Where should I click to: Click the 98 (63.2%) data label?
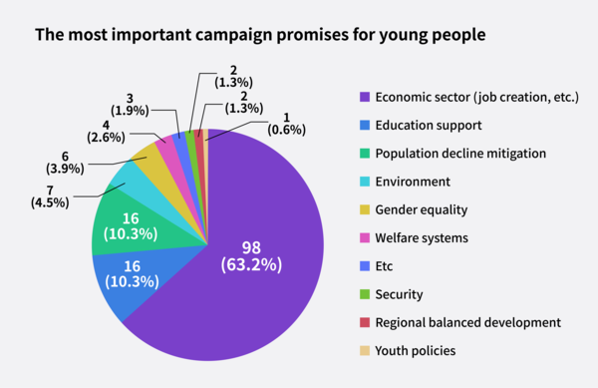tap(251, 255)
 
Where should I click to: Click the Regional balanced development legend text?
tap(468, 322)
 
